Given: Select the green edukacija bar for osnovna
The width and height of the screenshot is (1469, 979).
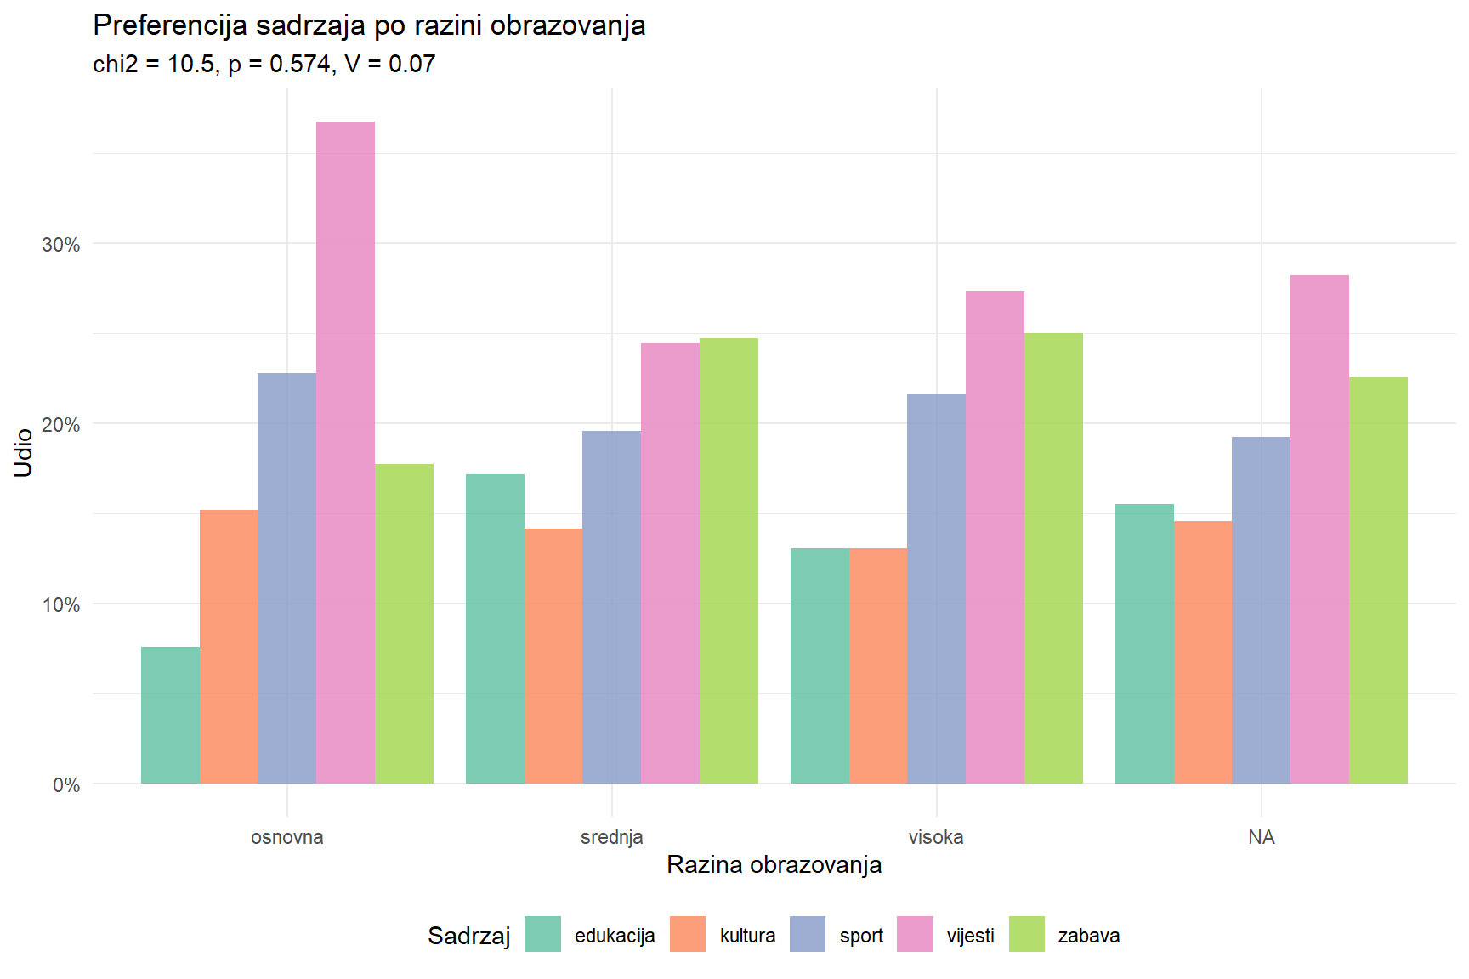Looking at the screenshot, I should (170, 715).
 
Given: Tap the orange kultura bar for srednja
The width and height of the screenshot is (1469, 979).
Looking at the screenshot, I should (553, 655).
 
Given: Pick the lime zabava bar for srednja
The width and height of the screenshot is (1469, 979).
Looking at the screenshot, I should (729, 561).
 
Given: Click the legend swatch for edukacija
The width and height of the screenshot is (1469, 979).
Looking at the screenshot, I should (542, 934).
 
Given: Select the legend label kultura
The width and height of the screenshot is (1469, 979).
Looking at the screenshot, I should (747, 936).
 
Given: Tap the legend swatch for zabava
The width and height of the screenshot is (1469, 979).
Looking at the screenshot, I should (1026, 934).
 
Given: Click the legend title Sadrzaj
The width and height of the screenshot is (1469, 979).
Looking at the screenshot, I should (468, 936).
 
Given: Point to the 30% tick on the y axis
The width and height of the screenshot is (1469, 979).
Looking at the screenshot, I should (61, 245).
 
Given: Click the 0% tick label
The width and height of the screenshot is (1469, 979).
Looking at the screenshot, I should (66, 784).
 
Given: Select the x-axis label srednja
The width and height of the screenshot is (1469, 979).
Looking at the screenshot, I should (611, 837).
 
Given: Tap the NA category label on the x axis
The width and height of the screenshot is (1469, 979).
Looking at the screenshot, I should (1261, 837).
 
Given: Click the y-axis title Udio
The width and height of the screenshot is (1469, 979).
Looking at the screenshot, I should (24, 452).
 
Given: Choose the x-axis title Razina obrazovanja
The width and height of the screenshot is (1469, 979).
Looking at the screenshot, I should (774, 864).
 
